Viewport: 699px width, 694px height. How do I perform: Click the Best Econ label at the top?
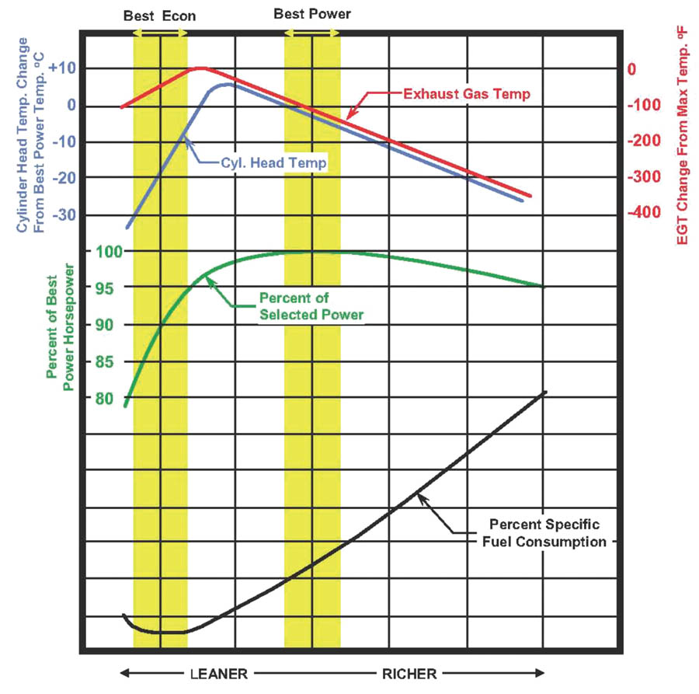160,15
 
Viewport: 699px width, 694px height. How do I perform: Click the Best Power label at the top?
312,14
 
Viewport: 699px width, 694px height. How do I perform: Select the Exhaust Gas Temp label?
467,94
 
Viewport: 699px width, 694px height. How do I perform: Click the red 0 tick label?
632,69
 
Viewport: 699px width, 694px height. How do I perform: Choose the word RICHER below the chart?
409,673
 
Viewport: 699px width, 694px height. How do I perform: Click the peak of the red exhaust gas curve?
200,68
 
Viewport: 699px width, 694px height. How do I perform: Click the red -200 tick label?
643,141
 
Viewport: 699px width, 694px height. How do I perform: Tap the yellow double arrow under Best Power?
312,33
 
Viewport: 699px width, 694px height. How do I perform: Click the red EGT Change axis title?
683,144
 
